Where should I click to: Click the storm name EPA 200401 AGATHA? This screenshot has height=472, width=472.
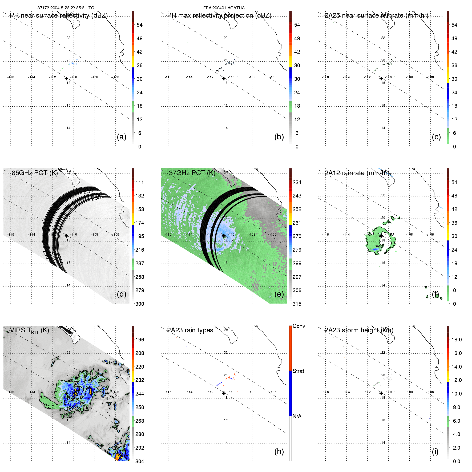click(x=224, y=8)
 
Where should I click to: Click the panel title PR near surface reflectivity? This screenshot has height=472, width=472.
click(x=59, y=15)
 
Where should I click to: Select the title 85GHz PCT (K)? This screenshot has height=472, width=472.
click(x=35, y=173)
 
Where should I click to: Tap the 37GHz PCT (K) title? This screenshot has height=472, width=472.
click(x=192, y=173)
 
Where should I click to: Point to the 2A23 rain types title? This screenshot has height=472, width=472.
click(x=190, y=330)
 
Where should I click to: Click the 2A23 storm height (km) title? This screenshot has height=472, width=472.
click(x=359, y=330)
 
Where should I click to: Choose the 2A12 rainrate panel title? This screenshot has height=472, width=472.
click(x=357, y=173)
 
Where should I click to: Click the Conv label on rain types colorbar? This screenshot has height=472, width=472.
click(x=299, y=326)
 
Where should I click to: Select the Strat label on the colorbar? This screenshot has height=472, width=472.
click(x=298, y=371)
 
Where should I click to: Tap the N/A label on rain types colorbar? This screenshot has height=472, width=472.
click(x=297, y=416)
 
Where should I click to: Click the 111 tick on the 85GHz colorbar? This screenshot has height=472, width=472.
click(x=140, y=182)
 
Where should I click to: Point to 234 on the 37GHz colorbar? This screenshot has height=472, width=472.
click(x=297, y=182)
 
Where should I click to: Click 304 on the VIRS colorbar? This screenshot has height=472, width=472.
click(x=140, y=461)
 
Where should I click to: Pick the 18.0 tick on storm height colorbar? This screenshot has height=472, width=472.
click(x=457, y=340)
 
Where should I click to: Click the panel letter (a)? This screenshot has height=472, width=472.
click(x=122, y=137)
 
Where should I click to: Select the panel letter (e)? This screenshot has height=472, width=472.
click(x=279, y=294)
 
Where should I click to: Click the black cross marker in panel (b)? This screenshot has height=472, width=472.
click(x=224, y=78)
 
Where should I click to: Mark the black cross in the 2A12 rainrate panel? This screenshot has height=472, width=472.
click(x=381, y=236)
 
